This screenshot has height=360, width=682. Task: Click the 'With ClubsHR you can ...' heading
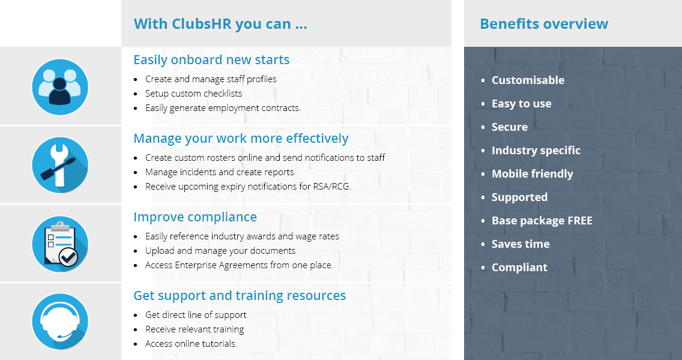tap(220, 24)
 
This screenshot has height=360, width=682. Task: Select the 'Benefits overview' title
tap(544, 24)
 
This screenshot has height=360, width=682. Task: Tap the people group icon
tap(60, 87)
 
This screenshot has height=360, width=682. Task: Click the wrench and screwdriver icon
tap(60, 165)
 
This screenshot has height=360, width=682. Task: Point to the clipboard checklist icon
tap(60, 244)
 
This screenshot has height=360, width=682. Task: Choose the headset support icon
tap(60, 322)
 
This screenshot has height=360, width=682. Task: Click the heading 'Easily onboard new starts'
tap(211, 59)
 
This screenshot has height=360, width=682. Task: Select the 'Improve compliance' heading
tap(195, 217)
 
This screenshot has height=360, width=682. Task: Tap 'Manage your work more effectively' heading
tap(241, 138)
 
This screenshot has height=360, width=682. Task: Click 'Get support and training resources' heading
tap(240, 296)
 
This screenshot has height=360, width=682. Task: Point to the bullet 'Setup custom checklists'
tap(193, 94)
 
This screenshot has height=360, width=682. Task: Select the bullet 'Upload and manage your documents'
tap(220, 251)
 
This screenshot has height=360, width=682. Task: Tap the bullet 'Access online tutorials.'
tap(191, 343)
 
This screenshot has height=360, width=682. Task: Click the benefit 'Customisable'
tap(528, 80)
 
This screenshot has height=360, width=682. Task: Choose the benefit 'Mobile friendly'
tap(533, 174)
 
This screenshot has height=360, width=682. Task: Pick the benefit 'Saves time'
tap(521, 244)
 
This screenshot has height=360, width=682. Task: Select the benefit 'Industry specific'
tap(536, 151)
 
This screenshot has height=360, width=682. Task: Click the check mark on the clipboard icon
tap(68, 257)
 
